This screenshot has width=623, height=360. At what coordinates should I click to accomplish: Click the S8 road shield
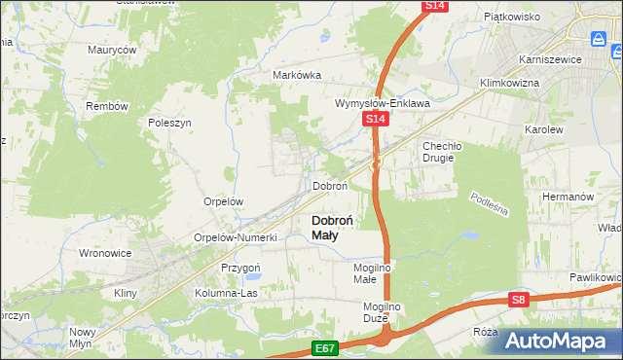519,301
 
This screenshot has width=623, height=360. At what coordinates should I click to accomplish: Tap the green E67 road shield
326,346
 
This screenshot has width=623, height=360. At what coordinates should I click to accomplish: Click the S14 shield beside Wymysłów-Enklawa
377,119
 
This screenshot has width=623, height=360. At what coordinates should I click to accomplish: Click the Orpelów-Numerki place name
237,237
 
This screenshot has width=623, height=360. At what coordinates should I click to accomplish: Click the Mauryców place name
112,49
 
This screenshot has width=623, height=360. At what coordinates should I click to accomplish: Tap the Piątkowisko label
512,17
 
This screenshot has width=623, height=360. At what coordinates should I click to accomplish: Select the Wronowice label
104,253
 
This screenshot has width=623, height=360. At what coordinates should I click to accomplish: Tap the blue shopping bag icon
599,38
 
